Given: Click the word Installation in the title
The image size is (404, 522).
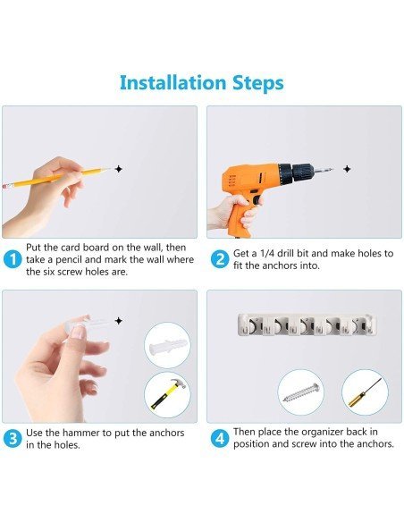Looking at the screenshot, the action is [173, 82].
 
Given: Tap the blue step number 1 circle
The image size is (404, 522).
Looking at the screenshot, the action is [13, 259].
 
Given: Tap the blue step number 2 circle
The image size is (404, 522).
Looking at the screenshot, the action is [220, 259].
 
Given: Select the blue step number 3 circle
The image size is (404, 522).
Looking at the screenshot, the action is [13, 439].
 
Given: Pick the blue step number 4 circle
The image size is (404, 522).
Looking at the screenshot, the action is [220, 439].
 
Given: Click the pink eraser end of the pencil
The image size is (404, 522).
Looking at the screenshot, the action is [5, 185].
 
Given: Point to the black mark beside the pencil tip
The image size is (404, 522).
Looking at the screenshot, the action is [119, 169].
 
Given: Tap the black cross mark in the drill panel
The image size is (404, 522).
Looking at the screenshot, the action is [347, 169].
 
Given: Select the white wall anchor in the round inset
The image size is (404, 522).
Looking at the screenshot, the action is [167, 346].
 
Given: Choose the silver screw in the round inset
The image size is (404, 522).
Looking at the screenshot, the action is [301, 393].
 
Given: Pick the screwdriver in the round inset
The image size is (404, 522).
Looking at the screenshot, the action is [365, 392].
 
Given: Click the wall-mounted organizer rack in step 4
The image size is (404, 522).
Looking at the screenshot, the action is [307, 324].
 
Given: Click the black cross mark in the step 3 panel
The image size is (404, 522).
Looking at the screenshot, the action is [119, 321].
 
